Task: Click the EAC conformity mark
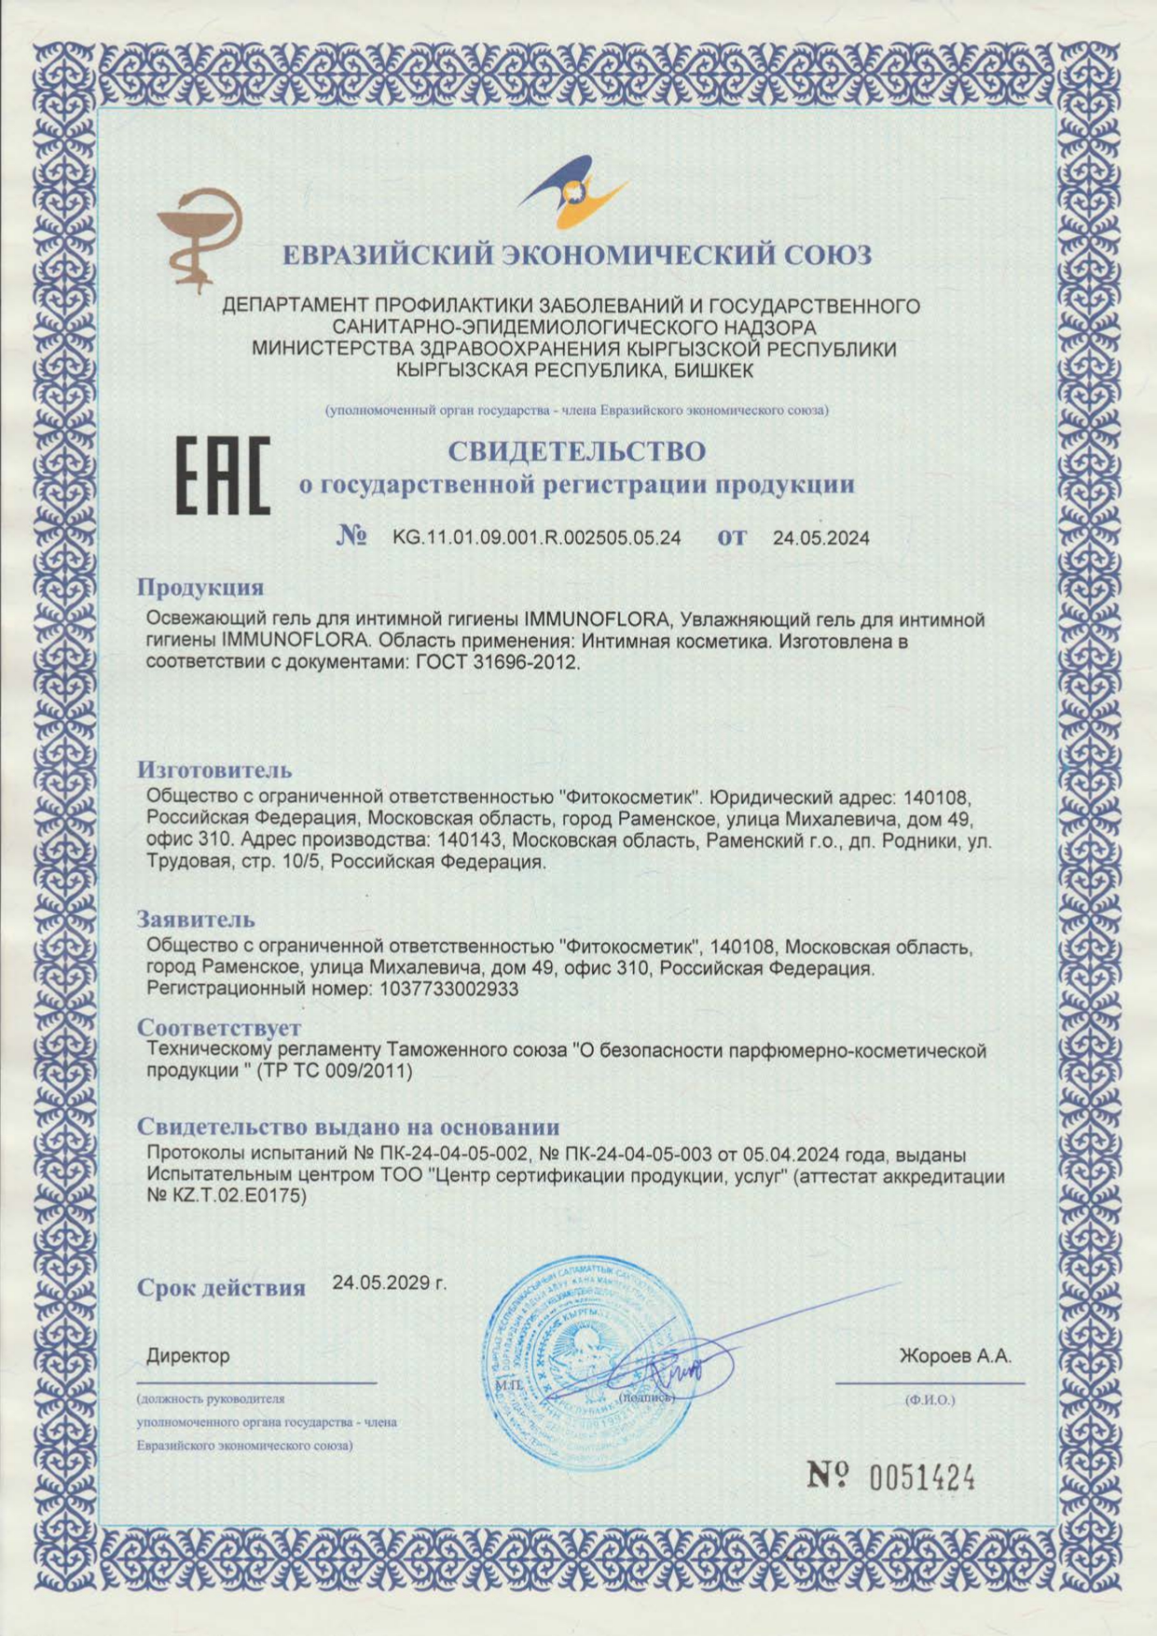tap(224, 476)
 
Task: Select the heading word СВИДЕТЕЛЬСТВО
tap(577, 451)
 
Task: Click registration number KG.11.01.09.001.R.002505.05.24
tap(536, 538)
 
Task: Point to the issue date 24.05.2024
tap(820, 538)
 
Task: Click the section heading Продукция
tap(200, 588)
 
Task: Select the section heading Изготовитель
tap(214, 769)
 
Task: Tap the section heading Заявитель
tap(196, 919)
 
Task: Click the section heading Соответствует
tap(219, 1028)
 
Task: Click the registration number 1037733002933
tap(450, 990)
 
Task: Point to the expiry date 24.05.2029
tap(388, 1282)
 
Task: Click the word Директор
tap(187, 1356)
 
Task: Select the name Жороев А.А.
tap(955, 1356)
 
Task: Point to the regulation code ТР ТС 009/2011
tap(334, 1072)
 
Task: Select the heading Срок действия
tap(222, 1288)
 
